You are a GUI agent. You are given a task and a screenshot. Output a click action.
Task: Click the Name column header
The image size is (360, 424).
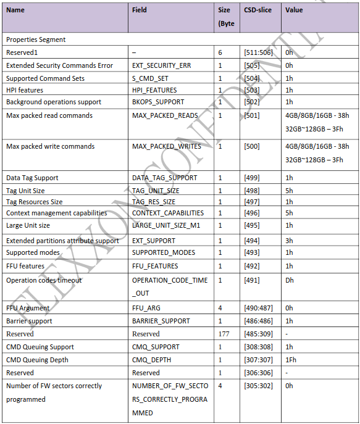pyautogui.click(x=15, y=10)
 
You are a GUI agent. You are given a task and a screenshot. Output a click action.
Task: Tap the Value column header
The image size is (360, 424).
pyautogui.click(x=294, y=10)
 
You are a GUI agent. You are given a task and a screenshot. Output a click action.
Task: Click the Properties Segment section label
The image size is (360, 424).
pyautogui.click(x=36, y=39)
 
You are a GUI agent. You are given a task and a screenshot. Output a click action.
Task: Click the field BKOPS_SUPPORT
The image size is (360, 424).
pyautogui.click(x=159, y=102)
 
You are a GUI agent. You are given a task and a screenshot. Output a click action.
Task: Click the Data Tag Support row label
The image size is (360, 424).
pyautogui.click(x=32, y=178)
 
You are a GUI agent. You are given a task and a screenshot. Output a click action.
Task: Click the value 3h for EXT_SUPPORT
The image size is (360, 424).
pyautogui.click(x=289, y=241)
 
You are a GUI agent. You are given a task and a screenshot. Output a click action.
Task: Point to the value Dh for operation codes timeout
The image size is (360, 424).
pyautogui.click(x=289, y=280)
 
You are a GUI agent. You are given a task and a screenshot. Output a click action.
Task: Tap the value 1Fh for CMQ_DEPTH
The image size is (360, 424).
pyautogui.click(x=291, y=360)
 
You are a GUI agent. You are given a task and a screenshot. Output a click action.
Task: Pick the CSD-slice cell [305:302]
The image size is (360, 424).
pyautogui.click(x=260, y=386)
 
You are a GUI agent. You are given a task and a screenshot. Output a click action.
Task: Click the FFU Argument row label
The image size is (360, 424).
pyautogui.click(x=28, y=308)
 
